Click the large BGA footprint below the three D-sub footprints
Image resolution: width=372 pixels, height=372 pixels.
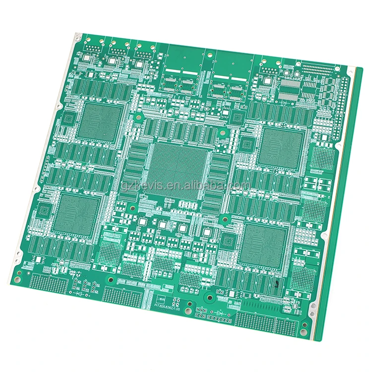pos(102,122)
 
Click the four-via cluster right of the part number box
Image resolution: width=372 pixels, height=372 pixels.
pos(177,301)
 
